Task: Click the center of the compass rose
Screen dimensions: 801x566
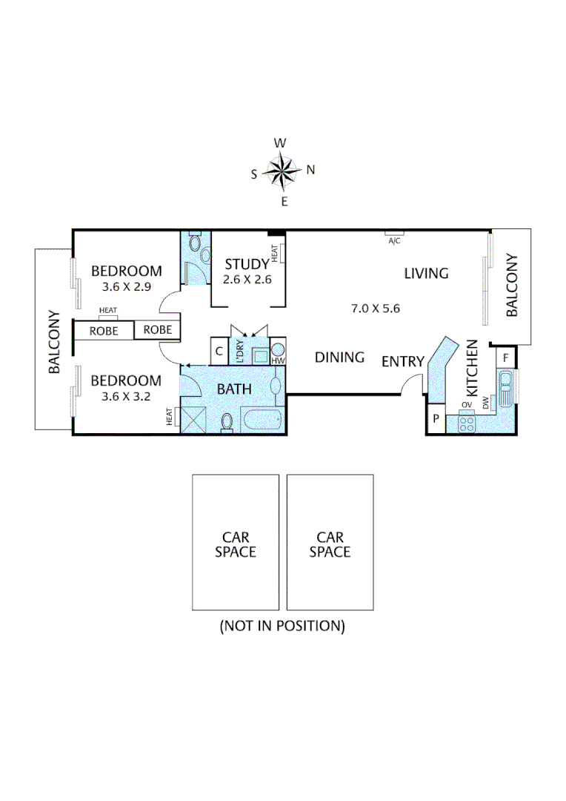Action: [282, 171]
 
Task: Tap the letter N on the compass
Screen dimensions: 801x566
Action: [311, 170]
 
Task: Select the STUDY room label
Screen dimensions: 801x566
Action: [247, 264]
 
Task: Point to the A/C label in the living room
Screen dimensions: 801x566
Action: [394, 240]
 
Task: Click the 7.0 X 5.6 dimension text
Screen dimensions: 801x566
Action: [375, 308]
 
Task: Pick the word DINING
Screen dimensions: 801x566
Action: [339, 357]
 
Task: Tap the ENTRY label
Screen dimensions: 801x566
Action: [402, 362]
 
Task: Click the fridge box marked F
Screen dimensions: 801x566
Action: [505, 357]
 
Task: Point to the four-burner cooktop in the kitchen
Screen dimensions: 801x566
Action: [467, 423]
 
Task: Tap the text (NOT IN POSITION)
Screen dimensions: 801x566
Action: [282, 626]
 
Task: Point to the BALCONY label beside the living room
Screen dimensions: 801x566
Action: [512, 286]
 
